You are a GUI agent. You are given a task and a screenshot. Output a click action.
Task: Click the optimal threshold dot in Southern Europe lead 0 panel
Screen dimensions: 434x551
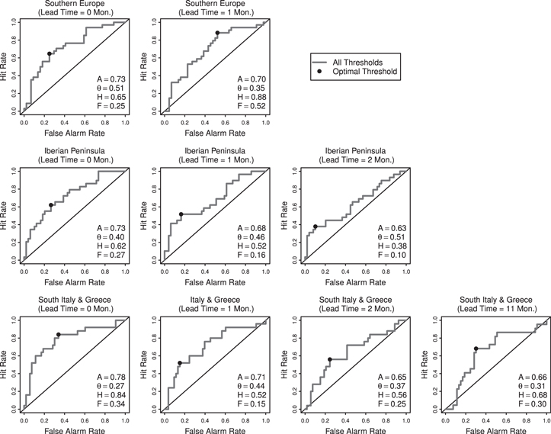(x=50, y=53)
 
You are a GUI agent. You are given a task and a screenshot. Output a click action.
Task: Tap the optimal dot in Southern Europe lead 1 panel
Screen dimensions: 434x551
(x=217, y=33)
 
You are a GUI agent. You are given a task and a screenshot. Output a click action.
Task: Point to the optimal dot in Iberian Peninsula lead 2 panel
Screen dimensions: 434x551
(x=316, y=227)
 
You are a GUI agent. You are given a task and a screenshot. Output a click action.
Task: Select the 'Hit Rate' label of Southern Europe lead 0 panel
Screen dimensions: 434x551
(x=5, y=67)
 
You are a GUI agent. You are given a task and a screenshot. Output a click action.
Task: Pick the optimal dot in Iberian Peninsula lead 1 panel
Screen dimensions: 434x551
(x=181, y=214)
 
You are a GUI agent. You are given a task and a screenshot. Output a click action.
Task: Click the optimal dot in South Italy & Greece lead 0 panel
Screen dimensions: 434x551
(x=58, y=335)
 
